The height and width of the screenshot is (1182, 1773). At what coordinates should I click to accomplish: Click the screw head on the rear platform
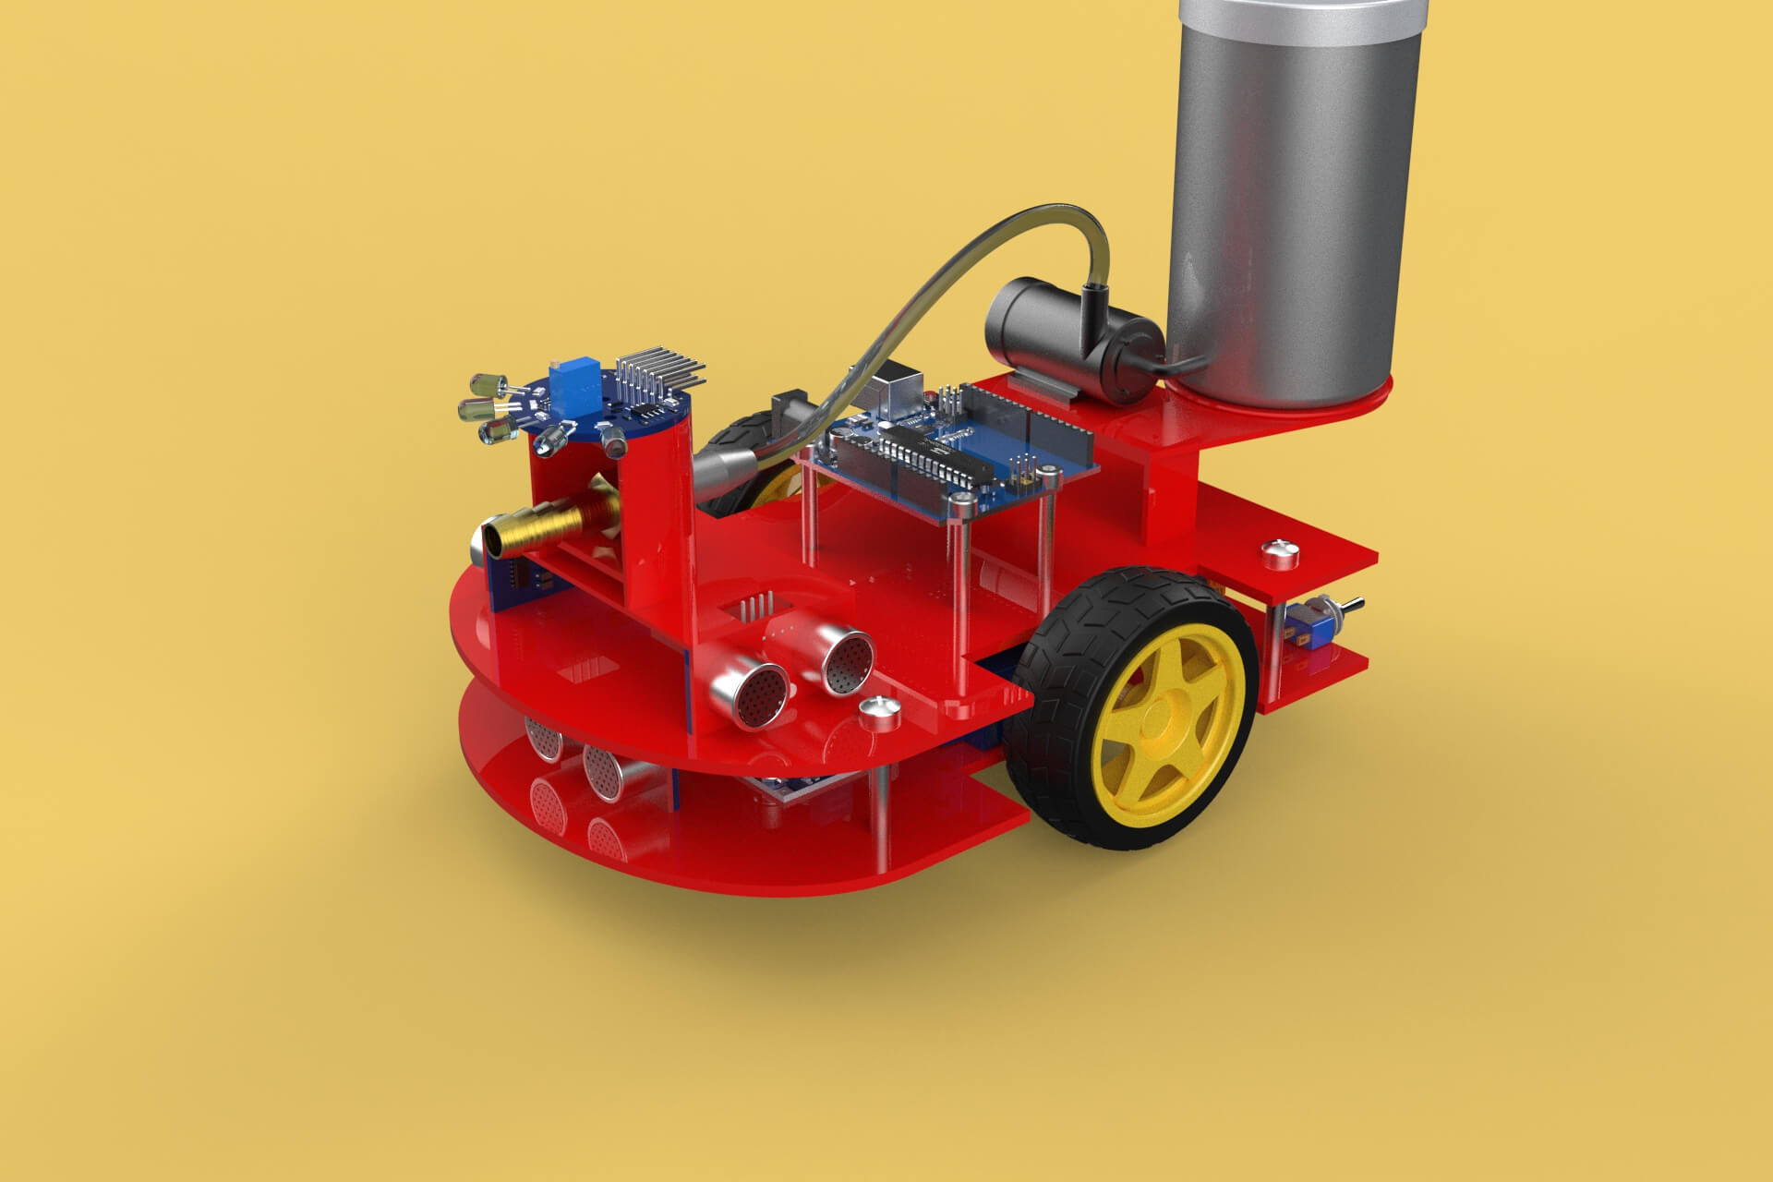[x=1280, y=553]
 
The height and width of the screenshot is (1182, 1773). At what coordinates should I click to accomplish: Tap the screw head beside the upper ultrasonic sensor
[x=878, y=712]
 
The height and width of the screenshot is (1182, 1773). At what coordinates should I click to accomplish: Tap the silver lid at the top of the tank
[x=1302, y=11]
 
